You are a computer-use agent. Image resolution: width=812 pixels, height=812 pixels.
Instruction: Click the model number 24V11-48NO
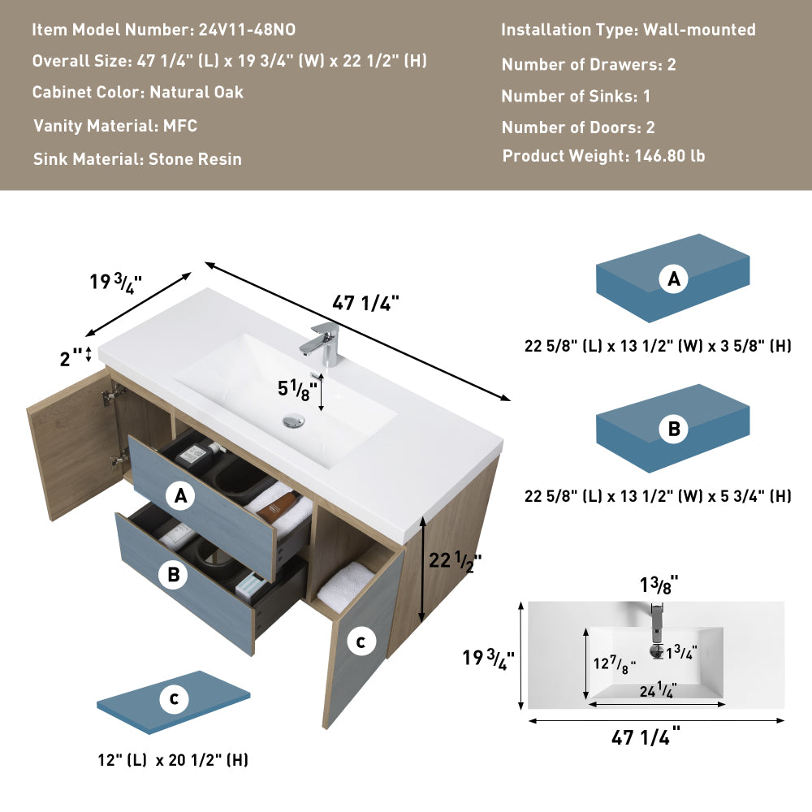pos(247,30)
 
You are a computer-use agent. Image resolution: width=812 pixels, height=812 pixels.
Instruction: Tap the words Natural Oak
pos(197,93)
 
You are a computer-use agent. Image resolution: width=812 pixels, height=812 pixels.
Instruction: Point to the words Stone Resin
pos(195,159)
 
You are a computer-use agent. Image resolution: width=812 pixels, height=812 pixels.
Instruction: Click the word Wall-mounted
pos(699,30)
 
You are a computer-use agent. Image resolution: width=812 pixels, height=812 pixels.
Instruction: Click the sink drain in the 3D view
pos(294,421)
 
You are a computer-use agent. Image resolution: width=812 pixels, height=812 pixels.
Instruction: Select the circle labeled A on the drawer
pos(180,495)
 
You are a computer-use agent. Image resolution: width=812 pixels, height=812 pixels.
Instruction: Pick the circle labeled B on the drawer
pos(173,575)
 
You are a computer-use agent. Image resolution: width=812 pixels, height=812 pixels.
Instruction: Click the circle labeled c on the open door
pos(361,642)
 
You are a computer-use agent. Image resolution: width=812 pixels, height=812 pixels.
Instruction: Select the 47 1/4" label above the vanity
pos(366,303)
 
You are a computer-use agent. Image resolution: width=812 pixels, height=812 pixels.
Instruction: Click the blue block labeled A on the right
pos(673,279)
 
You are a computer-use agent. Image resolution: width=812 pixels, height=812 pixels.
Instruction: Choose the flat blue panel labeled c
pos(174,699)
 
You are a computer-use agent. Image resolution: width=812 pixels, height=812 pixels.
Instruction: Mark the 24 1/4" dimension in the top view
pos(656,691)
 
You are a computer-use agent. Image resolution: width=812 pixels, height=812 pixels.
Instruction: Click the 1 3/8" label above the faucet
pos(659,583)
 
